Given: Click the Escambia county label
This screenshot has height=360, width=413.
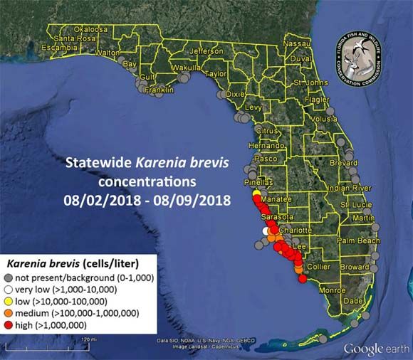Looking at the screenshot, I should (x=59, y=48).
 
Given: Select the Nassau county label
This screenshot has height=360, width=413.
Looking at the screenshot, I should (x=297, y=43).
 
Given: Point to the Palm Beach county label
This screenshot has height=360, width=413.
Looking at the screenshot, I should (x=360, y=240).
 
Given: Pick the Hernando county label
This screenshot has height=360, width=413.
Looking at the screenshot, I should (x=266, y=145).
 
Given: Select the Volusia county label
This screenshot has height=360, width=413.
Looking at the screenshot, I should (x=324, y=119).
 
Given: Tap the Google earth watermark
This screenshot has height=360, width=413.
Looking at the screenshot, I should (x=375, y=349).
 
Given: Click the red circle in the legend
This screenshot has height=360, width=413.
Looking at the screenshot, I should (x=9, y=325).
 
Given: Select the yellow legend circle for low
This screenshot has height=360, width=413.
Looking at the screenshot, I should (x=9, y=302).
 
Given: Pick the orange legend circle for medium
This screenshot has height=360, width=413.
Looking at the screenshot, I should (x=9, y=313).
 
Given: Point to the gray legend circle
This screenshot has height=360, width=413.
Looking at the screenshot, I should (x=9, y=278).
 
